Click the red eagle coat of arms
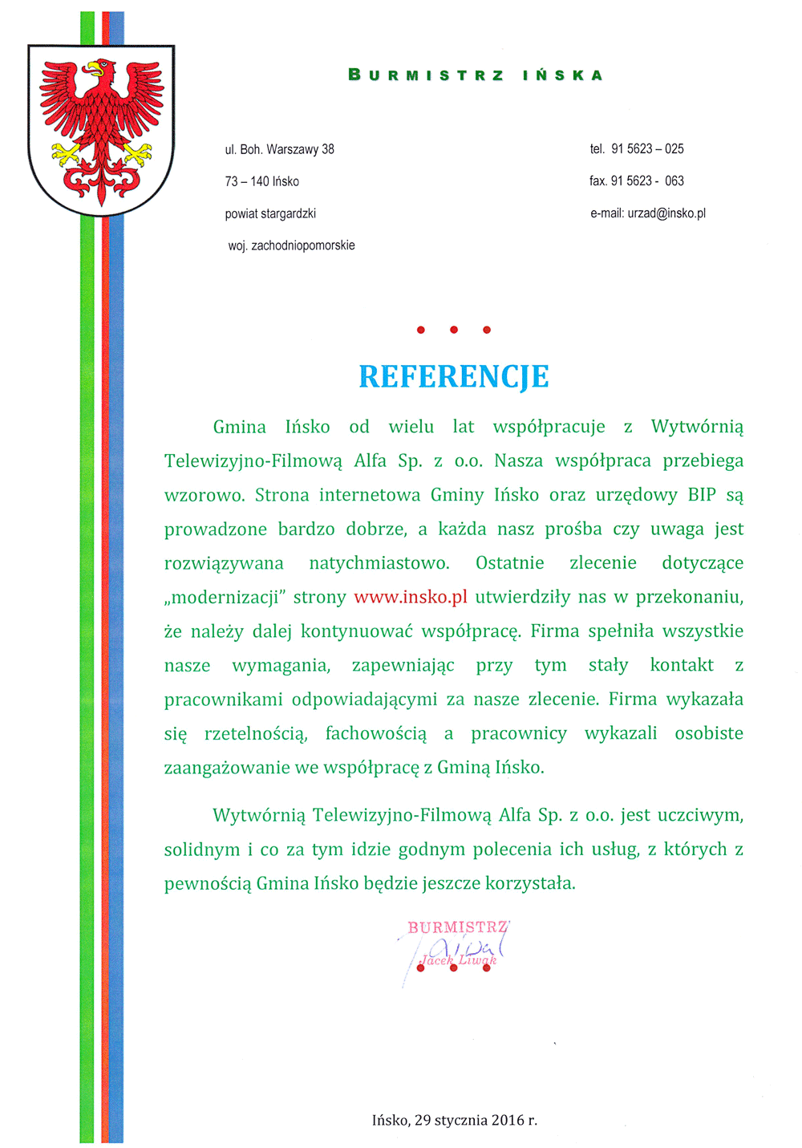pos(101,128)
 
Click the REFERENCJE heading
pos(453,376)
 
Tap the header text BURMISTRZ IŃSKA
pos(475,75)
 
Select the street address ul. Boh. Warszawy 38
pos(279,149)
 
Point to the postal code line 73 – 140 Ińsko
pos(261,181)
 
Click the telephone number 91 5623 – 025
pos(646,149)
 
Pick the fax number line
pos(636,181)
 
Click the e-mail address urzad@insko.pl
pos(666,213)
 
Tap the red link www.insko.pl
pos(410,597)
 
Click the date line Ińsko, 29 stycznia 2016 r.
pos(454,1120)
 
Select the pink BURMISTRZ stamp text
pos(457,927)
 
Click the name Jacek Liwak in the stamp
pos(459,960)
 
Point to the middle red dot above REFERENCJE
pos(453,330)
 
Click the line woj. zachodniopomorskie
pos(291,245)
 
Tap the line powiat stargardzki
pos(270,213)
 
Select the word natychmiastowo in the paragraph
pos(379,563)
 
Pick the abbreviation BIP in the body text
pos(701,495)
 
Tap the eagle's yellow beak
pos(95,67)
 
